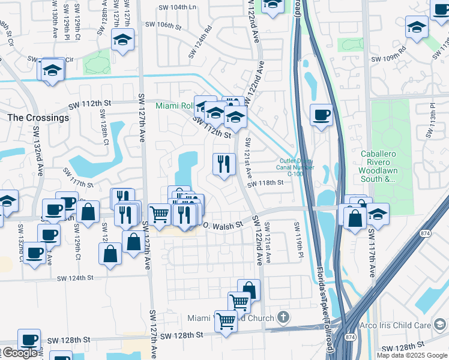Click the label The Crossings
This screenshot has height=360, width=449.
(38, 118)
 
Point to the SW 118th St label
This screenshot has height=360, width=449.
(264, 183)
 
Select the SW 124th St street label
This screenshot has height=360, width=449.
(76, 278)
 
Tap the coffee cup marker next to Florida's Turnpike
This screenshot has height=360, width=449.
(321, 115)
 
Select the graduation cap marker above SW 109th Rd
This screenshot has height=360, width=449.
(417, 27)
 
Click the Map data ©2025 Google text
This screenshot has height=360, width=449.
(412, 355)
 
